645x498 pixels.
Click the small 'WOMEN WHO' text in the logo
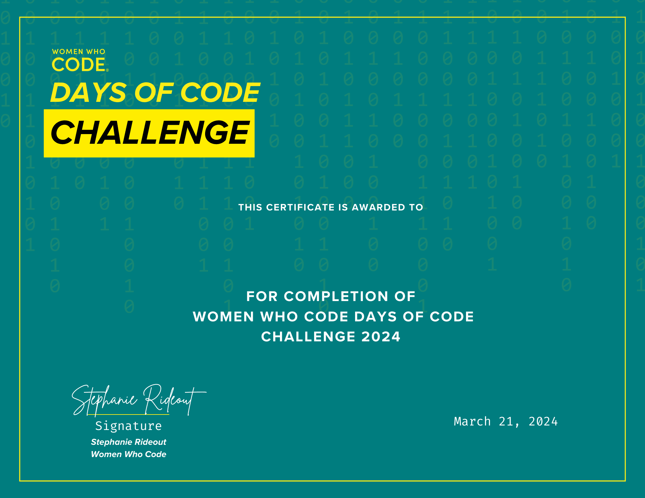[79, 52]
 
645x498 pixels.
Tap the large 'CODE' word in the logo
[79, 64]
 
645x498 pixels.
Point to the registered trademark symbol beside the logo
[107, 70]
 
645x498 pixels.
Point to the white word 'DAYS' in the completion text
[375, 317]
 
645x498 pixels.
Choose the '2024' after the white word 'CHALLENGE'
[381, 337]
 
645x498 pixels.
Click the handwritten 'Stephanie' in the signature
[104, 400]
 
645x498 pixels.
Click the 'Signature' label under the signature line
[128, 426]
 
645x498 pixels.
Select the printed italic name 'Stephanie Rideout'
[128, 442]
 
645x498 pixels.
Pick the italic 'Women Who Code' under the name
[128, 454]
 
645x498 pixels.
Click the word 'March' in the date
[472, 422]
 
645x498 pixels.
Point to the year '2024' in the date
[543, 422]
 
